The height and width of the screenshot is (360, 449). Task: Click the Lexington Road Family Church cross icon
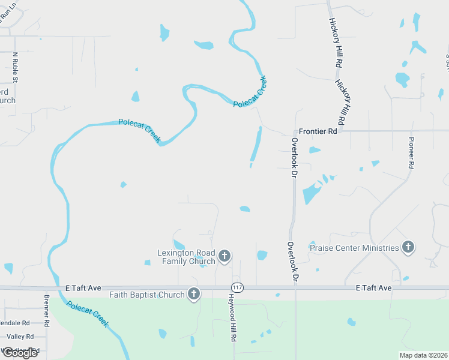(x=224, y=257)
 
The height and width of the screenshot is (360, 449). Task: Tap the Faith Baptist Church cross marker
(x=193, y=294)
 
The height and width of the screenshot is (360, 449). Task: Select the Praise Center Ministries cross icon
(x=408, y=247)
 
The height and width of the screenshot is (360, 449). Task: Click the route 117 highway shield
(x=238, y=287)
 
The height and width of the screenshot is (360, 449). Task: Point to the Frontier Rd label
(x=318, y=131)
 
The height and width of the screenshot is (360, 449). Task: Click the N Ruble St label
(x=15, y=67)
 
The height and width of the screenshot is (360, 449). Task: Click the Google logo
(x=20, y=353)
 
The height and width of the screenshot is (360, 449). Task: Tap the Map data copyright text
(x=423, y=355)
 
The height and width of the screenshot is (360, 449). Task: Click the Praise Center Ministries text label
(x=354, y=247)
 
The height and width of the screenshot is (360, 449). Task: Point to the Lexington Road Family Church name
(x=185, y=257)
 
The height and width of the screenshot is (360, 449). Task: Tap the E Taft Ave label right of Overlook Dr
(x=373, y=288)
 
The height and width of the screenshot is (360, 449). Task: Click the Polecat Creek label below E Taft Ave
(x=88, y=313)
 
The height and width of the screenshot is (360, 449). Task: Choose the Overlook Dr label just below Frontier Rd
(x=294, y=158)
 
